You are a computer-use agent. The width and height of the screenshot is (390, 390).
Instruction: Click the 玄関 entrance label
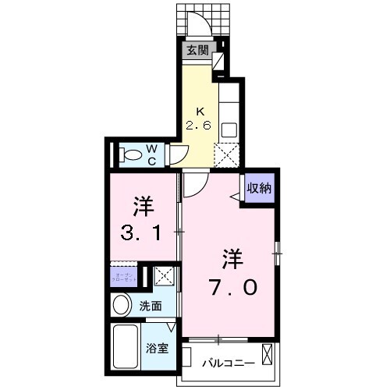(197, 51)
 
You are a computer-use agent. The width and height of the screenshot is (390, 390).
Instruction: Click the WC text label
(152, 154)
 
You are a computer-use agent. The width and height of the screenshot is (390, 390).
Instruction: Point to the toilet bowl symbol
(131, 154)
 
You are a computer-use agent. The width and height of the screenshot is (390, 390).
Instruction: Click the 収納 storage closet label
(260, 187)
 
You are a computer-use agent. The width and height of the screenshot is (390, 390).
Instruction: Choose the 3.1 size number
(144, 232)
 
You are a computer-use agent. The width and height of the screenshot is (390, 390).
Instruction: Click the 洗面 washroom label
(151, 306)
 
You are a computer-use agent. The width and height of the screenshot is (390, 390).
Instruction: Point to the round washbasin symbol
(122, 305)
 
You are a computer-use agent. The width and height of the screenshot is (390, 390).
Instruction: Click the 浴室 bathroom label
(158, 349)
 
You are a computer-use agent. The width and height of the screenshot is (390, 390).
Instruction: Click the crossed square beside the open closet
(163, 275)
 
